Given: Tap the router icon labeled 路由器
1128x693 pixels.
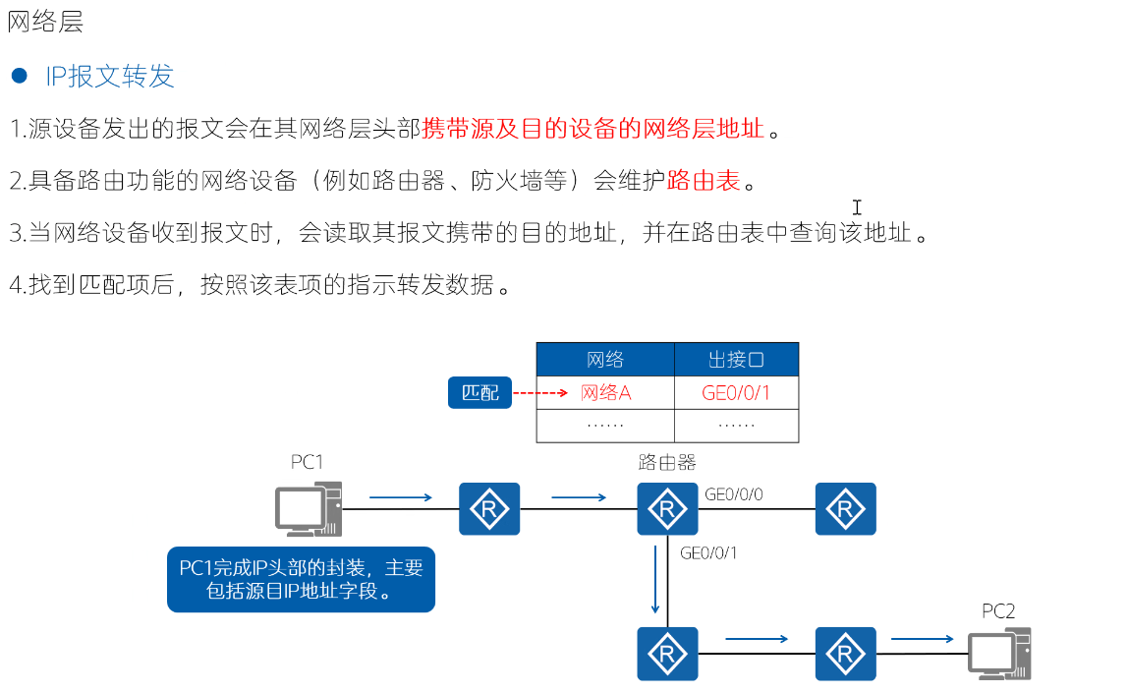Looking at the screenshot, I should click(667, 509).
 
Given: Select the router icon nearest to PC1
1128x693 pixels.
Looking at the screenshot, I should click(489, 509).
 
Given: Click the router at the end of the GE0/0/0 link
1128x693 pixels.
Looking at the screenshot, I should click(845, 509).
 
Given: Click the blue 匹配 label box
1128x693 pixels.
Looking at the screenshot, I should click(479, 393).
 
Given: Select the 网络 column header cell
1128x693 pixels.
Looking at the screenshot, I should click(605, 360).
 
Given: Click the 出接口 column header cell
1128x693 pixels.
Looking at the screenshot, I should click(736, 360).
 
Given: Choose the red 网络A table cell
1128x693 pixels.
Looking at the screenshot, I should click(605, 393).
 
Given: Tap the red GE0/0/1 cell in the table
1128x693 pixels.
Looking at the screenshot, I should click(736, 393).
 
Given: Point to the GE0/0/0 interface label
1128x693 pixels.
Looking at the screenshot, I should click(734, 494).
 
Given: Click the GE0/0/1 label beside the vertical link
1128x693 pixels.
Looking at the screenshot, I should click(708, 552).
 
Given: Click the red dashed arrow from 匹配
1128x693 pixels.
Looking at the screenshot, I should click(541, 393).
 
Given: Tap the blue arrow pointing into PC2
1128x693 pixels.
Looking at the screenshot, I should click(922, 639).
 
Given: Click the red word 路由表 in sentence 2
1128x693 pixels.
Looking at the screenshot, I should click(704, 181).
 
